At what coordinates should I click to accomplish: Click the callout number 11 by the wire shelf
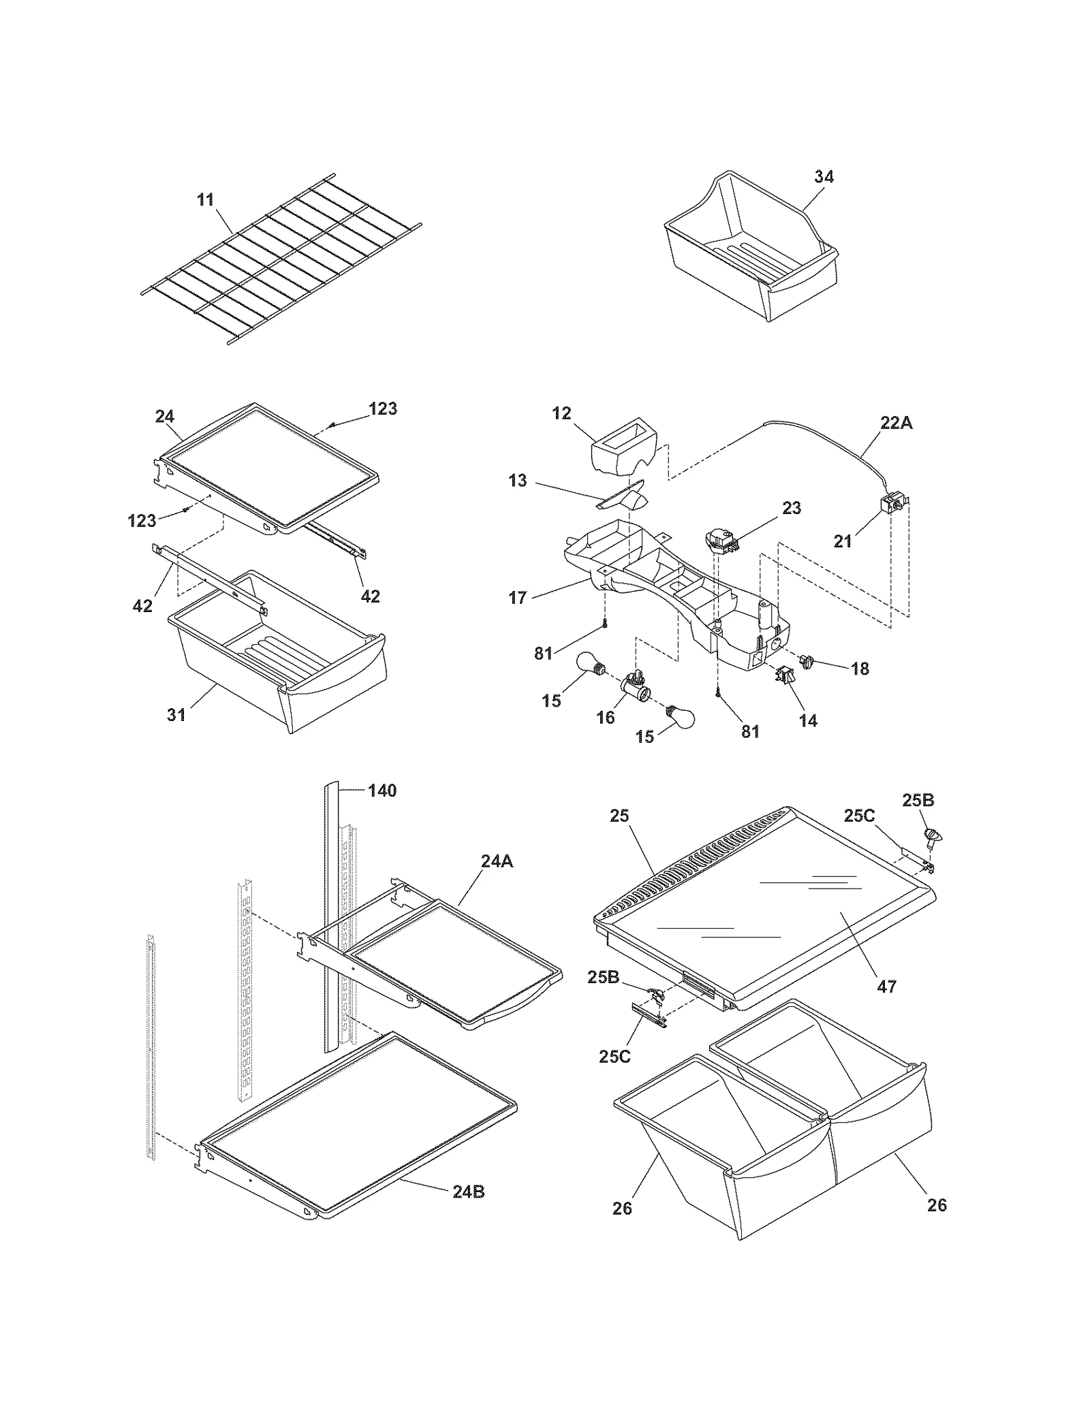[x=205, y=199]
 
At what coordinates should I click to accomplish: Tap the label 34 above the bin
[x=824, y=176]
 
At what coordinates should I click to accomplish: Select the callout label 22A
[x=896, y=423]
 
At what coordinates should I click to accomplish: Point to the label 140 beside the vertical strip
[x=382, y=790]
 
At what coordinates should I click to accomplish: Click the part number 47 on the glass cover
[x=886, y=986]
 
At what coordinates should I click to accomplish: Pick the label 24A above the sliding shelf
[x=497, y=861]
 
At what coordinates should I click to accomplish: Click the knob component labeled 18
[x=808, y=660]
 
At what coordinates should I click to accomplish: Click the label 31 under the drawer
[x=176, y=714]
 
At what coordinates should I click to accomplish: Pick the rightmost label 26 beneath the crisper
[x=937, y=1205]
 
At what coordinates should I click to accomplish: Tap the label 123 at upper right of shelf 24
[x=383, y=408]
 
